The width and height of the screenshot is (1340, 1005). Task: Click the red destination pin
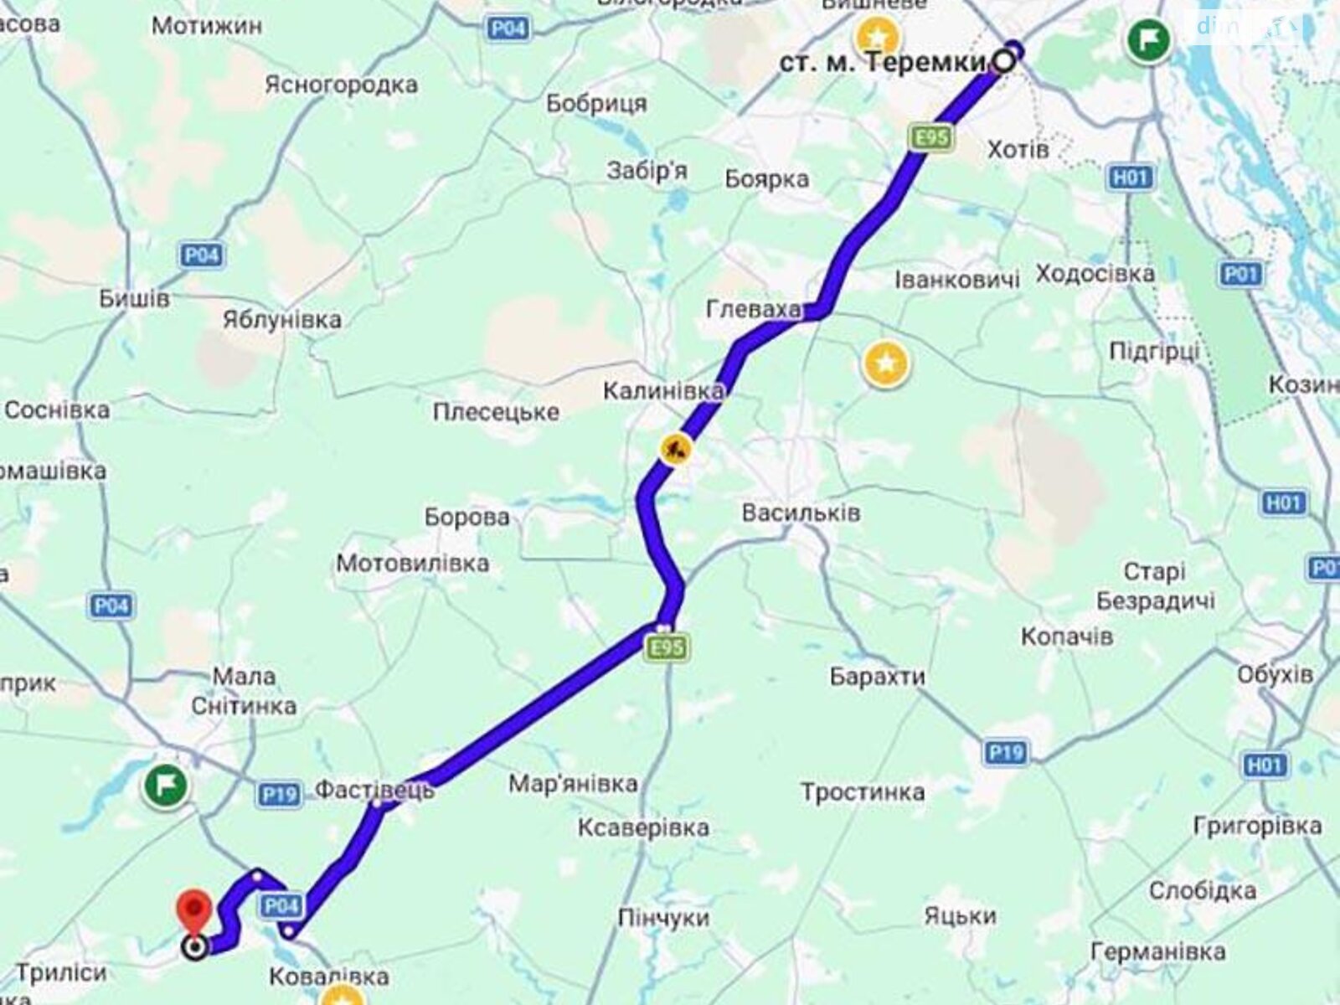194,911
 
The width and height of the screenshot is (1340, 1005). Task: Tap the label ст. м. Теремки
883,63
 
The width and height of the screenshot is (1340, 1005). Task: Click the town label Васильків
801,513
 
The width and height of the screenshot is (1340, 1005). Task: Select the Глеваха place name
753,310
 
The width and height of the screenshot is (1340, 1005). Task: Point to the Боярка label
766,179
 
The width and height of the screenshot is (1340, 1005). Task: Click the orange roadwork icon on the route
675,450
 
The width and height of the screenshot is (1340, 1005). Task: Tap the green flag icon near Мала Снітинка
165,785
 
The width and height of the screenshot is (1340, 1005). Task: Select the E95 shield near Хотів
931,138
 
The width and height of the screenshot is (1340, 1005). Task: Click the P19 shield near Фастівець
278,792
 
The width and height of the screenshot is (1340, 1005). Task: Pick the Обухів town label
1275,674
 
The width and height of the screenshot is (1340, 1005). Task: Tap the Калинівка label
663,390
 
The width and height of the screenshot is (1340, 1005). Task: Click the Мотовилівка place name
413,564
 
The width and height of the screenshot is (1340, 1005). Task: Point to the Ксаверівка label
643,828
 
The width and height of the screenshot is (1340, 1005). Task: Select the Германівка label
1158,952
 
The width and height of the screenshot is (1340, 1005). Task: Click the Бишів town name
134,298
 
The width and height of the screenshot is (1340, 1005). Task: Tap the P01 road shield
1240,274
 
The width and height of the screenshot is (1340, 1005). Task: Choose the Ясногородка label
341,85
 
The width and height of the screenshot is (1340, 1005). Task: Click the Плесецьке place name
496,412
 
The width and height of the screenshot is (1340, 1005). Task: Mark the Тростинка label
863,792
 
